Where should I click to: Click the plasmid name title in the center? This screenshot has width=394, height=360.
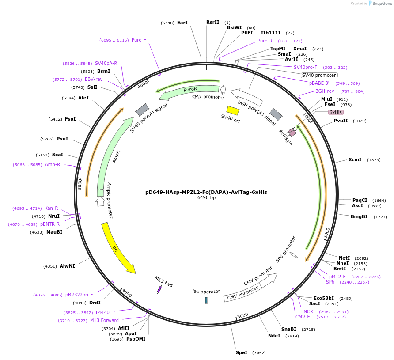(206, 192)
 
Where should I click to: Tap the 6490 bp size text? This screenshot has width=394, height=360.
(206, 198)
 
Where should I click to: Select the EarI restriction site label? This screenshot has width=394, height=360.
(182, 23)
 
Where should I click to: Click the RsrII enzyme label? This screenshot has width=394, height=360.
(212, 22)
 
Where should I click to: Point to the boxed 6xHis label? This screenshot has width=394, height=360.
(336, 112)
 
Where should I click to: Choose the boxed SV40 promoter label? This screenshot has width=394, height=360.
(319, 75)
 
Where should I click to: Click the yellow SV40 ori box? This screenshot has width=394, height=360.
(233, 110)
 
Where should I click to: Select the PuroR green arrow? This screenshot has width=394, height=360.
(190, 89)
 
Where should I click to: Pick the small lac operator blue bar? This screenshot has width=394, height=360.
(206, 300)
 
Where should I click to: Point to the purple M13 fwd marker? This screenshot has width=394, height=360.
(159, 289)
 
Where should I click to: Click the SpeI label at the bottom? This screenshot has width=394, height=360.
(242, 352)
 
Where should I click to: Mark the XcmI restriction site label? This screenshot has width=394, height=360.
(355, 159)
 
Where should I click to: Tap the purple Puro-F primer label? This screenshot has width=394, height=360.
(139, 40)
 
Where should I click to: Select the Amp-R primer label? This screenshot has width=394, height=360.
(53, 164)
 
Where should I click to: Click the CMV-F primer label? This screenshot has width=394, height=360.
(303, 317)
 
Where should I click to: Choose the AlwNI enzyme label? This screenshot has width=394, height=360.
(67, 266)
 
